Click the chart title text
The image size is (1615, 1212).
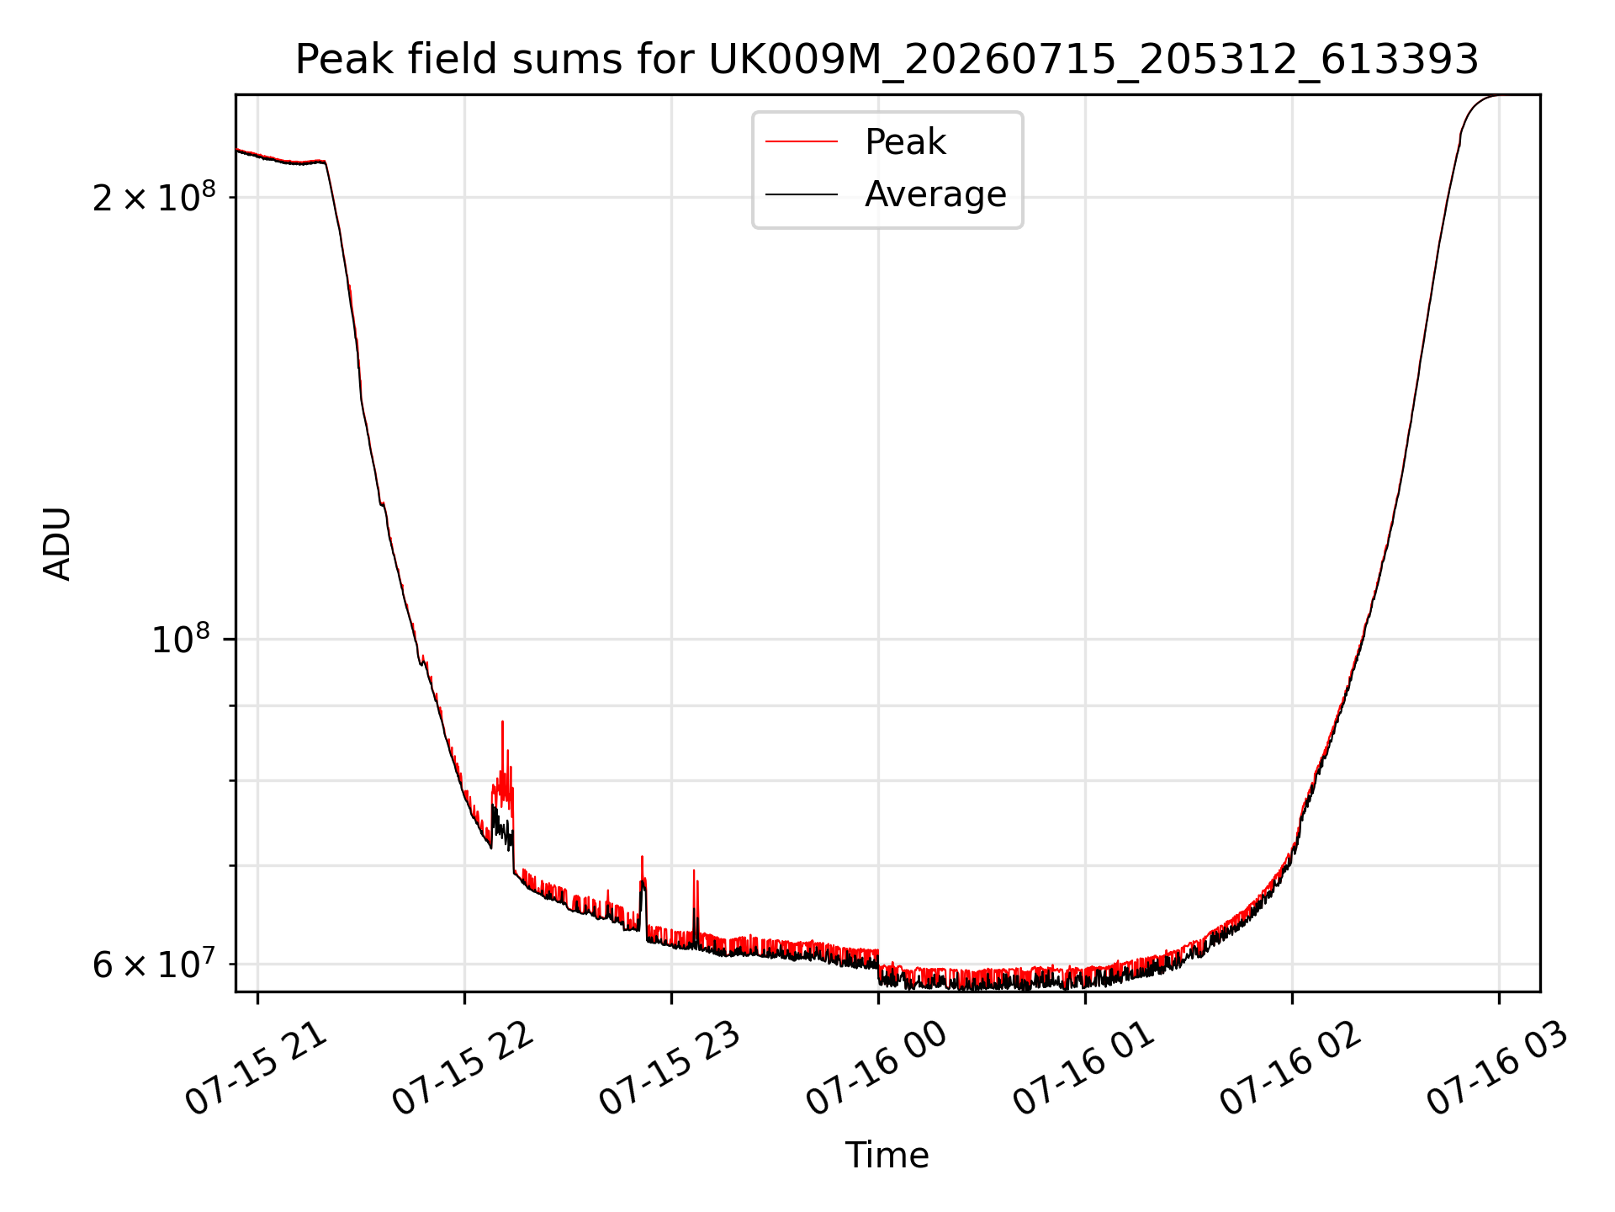887,60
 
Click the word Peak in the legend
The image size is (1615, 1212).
905,142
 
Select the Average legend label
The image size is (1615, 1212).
935,194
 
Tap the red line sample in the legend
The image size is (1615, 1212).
802,142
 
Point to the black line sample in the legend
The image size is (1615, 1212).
802,194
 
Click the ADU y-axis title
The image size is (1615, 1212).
57,544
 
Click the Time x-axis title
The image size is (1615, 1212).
887,1156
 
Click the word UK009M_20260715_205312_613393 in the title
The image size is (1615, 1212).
1093,60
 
